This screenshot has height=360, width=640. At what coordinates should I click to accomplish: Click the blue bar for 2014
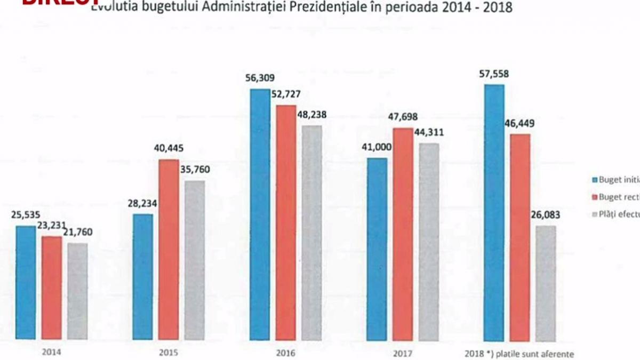(26, 282)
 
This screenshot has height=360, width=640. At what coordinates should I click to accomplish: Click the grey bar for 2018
(546, 283)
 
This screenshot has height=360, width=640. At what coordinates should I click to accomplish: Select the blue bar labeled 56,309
(260, 214)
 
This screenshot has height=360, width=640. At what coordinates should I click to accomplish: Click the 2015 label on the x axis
(168, 353)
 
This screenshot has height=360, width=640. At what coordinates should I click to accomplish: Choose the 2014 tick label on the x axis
(51, 353)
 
